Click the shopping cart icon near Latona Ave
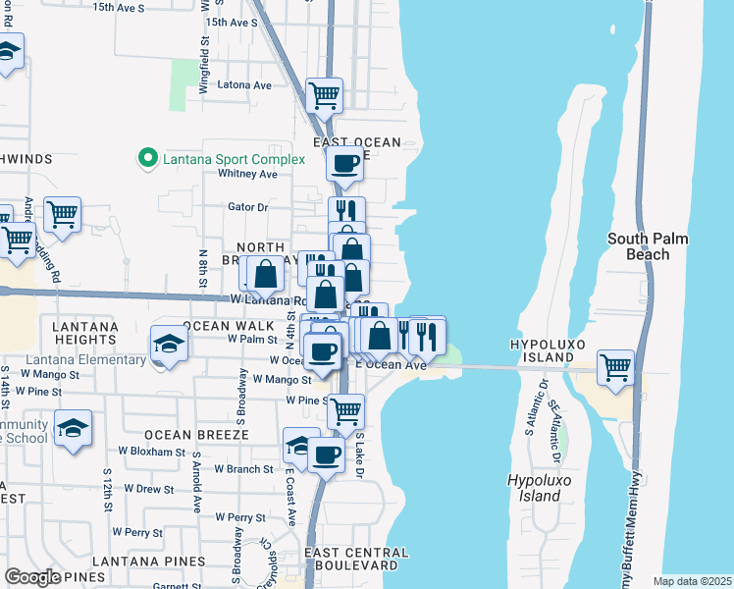[324, 96]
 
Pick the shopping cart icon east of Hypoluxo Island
[615, 368]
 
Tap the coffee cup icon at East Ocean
[344, 164]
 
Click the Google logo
[32, 577]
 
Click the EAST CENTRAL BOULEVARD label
[356, 559]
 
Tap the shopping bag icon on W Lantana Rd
[265, 274]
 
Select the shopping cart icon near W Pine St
[345, 411]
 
